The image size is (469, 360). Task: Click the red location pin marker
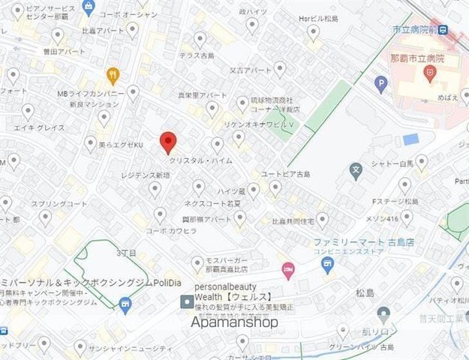(x=169, y=141)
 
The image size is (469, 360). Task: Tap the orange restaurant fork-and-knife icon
(x=113, y=74)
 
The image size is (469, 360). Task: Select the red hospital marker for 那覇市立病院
(x=430, y=73)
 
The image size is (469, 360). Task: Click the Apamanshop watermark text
(x=234, y=322)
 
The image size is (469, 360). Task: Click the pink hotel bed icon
(x=287, y=268)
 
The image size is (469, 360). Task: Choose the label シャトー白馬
(x=392, y=163)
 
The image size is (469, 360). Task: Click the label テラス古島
(x=198, y=56)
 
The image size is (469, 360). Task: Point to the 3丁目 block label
(x=127, y=253)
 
